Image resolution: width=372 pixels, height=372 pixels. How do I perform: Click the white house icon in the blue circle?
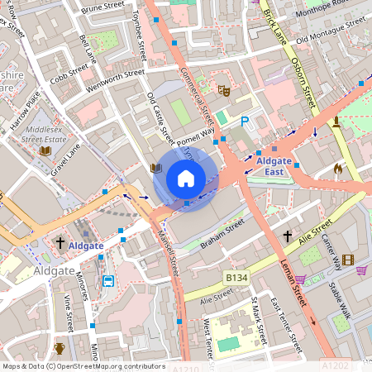pyautogui.click(x=186, y=178)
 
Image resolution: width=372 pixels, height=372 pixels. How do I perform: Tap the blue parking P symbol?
pyautogui.click(x=244, y=122)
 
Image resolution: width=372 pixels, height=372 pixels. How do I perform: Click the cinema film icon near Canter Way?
pyautogui.click(x=347, y=260)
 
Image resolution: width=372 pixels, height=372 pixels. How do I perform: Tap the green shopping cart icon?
pyautogui.click(x=303, y=279)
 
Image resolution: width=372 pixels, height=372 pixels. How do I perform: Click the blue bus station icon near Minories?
pyautogui.click(x=107, y=281)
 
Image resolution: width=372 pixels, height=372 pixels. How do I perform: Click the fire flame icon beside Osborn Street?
pyautogui.click(x=337, y=168)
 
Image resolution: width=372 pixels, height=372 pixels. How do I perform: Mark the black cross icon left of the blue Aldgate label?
pyautogui.click(x=60, y=242)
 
